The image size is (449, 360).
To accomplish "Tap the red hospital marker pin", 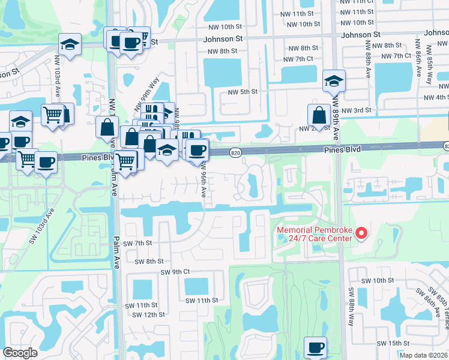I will tap(361, 233).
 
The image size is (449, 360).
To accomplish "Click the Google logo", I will tap(20, 353).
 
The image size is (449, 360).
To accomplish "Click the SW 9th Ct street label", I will tap(175, 272).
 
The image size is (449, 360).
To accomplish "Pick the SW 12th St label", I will tap(148, 314).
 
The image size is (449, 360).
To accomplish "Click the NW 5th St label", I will tap(243, 92).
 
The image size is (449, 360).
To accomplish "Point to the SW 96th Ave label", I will tap(203, 180).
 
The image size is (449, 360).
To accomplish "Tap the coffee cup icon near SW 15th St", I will tap(315, 347).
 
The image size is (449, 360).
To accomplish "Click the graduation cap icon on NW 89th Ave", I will tap(334, 80).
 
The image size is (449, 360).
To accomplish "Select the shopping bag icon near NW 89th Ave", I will tap(318, 115).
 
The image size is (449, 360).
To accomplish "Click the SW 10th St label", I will tap(375, 280).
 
